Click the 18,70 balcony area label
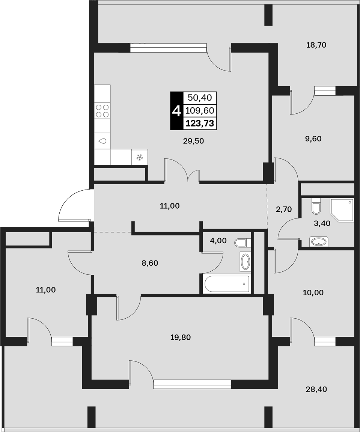pos(316,45)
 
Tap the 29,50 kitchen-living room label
pos(193,141)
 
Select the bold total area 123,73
pos(200,123)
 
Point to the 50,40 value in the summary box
pos(200,97)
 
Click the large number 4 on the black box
pos(176,111)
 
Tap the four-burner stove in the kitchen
pos(102,111)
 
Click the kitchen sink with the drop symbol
pos(102,141)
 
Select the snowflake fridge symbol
pos(140,157)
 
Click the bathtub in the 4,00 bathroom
pos(226,284)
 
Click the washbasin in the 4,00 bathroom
pos(245,262)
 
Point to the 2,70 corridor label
pos(284,209)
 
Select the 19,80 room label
pos(181,337)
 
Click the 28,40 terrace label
pos(316,389)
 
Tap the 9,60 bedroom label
pos(313,138)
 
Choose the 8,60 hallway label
pos(150,263)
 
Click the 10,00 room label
pos(313,293)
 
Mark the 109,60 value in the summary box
pos(200,110)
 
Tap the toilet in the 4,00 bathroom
pos(242,243)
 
